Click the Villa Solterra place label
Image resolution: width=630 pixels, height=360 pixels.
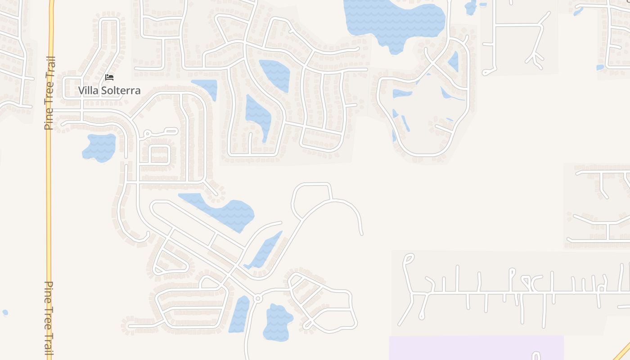coord(109,90)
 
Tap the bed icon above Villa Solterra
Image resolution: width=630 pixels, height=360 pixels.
coord(109,77)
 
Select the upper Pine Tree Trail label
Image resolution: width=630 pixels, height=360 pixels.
coord(49,93)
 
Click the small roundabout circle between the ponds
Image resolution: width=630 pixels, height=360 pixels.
coord(258,298)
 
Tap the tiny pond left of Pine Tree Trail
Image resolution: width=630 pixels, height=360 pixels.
coord(5,312)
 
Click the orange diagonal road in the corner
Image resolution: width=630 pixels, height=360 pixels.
coord(622,351)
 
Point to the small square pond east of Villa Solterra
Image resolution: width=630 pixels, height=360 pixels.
coord(206,87)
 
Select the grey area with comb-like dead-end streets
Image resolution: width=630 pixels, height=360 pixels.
coord(508,292)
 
